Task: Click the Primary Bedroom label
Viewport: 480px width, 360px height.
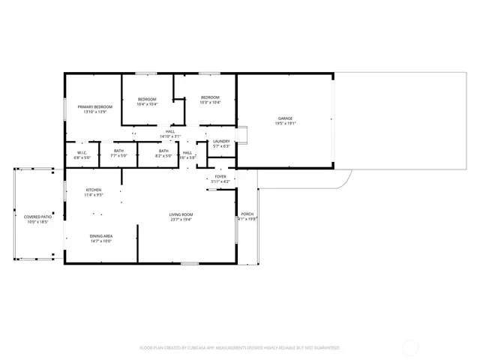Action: click(x=94, y=107)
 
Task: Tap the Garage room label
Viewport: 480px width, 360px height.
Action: click(x=285, y=118)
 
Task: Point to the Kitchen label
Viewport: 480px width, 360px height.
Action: click(x=93, y=190)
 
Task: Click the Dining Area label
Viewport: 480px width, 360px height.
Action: click(x=101, y=236)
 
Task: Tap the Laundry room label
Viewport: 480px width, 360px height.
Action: click(x=220, y=141)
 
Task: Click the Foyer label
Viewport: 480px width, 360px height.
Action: click(x=220, y=177)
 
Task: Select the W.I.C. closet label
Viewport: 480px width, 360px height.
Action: click(x=82, y=153)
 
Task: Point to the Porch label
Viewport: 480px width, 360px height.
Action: click(x=247, y=214)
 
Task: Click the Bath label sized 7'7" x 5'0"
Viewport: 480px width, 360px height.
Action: click(x=119, y=151)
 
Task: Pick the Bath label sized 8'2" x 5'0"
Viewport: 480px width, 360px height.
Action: click(x=163, y=151)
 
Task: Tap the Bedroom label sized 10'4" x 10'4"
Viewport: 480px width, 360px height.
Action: click(x=147, y=99)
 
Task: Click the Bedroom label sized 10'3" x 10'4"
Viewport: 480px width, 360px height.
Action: click(x=210, y=97)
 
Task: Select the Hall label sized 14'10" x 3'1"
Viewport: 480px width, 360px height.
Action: click(x=170, y=132)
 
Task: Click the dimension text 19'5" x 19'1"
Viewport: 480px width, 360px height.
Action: click(x=285, y=123)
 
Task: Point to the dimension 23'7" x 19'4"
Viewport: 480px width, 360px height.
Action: click(x=181, y=220)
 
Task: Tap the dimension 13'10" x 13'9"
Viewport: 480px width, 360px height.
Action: click(x=94, y=112)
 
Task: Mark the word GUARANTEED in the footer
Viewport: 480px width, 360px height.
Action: click(x=322, y=348)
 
